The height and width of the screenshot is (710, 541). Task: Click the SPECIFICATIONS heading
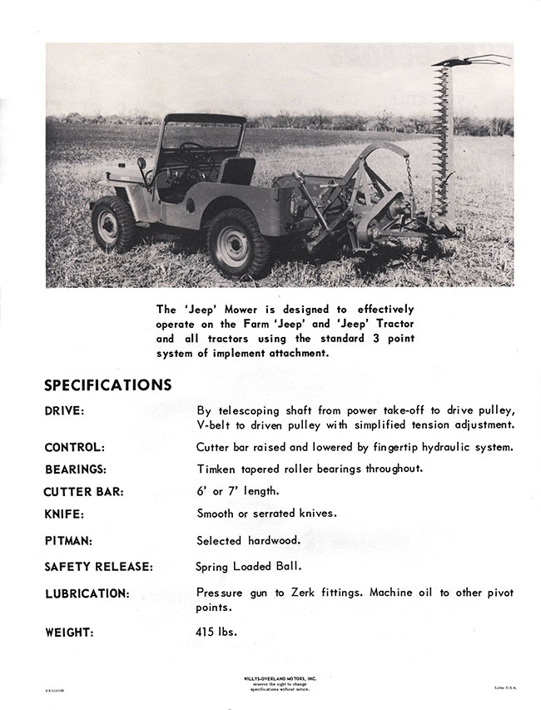click(x=107, y=385)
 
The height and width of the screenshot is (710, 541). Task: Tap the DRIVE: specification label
click(x=65, y=411)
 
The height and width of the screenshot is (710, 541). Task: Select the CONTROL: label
click(x=74, y=447)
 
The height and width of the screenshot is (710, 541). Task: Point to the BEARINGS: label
click(x=76, y=469)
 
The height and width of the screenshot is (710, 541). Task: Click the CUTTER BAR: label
click(x=83, y=492)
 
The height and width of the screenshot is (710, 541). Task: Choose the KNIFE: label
click(x=64, y=514)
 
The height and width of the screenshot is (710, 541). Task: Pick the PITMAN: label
click(x=68, y=541)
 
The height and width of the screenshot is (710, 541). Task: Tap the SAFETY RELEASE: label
click(x=98, y=568)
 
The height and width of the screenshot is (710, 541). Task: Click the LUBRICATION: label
click(x=87, y=593)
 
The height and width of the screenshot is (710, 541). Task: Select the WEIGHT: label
click(x=68, y=632)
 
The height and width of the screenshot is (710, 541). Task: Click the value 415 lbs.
click(x=216, y=631)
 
